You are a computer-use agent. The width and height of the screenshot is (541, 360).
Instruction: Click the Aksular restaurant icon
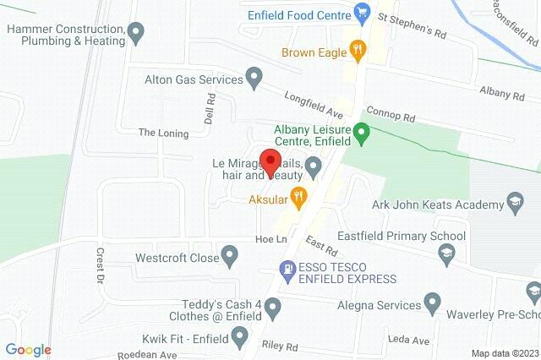[x=298, y=199]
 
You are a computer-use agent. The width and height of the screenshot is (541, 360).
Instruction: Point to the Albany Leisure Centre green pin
[x=362, y=132]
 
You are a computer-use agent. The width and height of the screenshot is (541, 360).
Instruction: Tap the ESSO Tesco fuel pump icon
[x=287, y=270]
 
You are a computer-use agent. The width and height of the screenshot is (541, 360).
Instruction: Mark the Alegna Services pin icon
[x=433, y=302]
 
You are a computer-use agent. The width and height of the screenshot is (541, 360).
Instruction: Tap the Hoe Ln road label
[x=267, y=240]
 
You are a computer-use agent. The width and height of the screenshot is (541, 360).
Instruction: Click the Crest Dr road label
[x=100, y=264]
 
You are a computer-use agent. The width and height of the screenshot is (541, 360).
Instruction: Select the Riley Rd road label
[x=281, y=346]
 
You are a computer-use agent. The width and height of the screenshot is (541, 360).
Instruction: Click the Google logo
[x=29, y=349]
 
